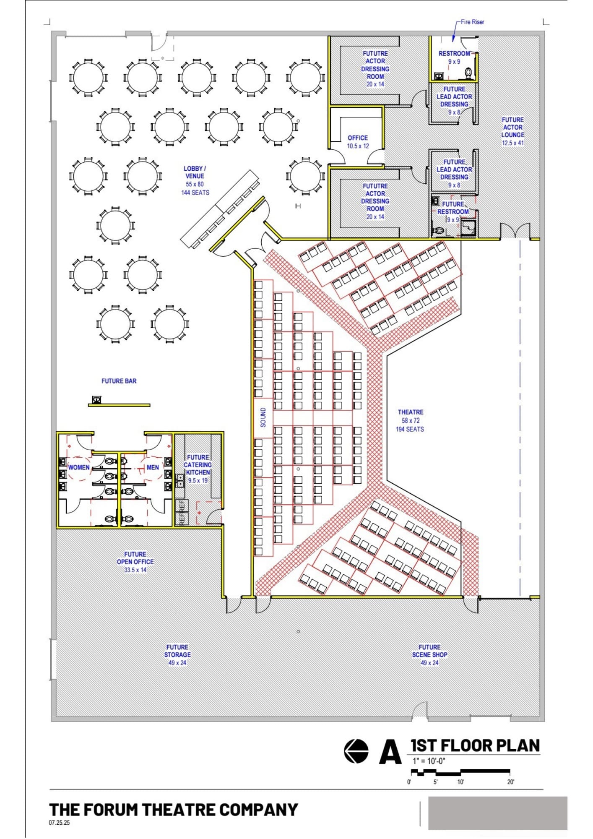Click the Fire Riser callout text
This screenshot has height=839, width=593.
point(472,22)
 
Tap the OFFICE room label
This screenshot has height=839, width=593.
point(358,138)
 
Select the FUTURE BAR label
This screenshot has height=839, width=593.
point(119,381)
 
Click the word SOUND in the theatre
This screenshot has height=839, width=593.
point(263,417)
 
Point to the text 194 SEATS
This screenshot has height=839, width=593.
point(410,429)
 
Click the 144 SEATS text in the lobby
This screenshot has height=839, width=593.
point(195,193)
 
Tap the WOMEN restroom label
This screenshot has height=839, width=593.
point(79,467)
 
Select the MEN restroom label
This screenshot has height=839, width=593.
point(153,467)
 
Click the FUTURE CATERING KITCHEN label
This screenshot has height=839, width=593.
point(198,465)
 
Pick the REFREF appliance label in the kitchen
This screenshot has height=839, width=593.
point(182,512)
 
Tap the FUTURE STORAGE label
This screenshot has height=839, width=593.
point(177,651)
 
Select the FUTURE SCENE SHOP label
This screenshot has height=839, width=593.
point(429,651)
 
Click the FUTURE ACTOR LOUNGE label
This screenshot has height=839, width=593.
point(512,127)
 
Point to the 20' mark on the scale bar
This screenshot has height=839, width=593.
point(510,782)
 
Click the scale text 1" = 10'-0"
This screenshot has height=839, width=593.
point(429,761)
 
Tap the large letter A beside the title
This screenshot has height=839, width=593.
point(390,752)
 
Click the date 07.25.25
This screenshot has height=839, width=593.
point(59,823)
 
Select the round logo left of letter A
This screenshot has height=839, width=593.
point(356,751)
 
